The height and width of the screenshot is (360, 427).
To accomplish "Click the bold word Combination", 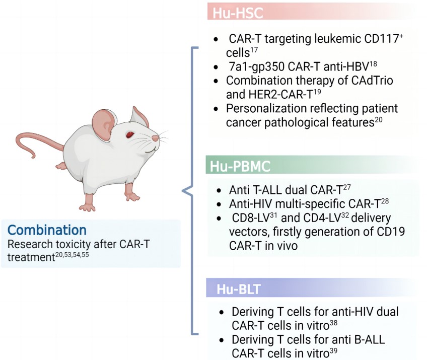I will [x=46, y=230].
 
